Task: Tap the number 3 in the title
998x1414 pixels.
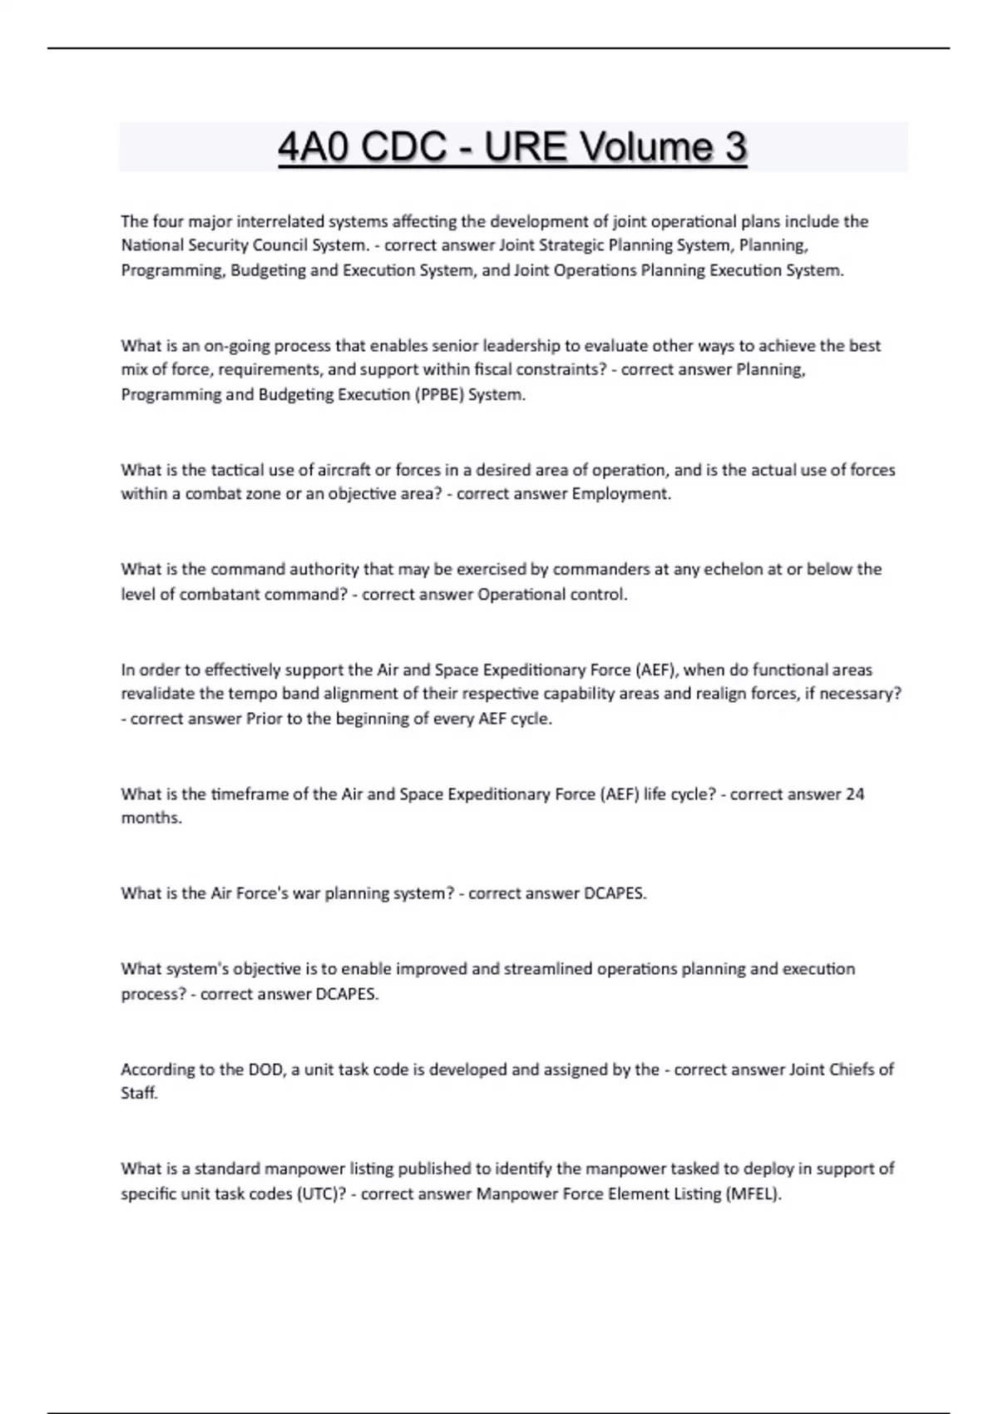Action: point(735,148)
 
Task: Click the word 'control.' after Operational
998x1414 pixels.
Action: point(599,595)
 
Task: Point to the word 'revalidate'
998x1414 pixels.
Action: point(160,694)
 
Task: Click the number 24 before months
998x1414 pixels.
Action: point(855,794)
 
